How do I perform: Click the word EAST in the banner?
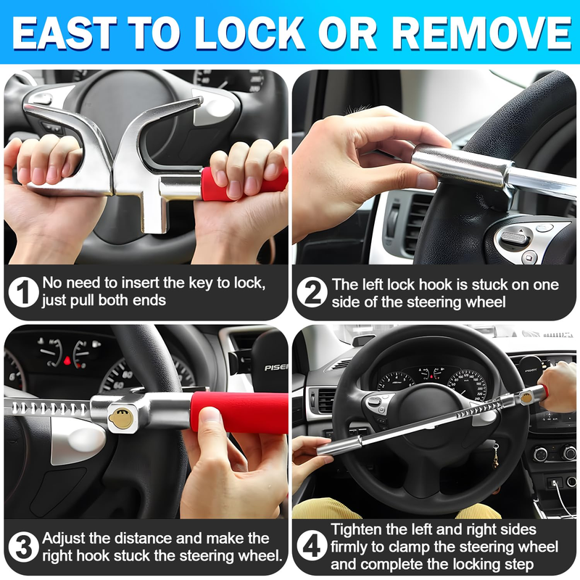[64, 33]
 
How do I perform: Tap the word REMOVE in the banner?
[481, 33]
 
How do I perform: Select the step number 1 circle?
[23, 292]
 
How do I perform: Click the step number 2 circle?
[312, 292]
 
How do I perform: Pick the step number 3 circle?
[23, 547]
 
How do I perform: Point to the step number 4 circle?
[312, 547]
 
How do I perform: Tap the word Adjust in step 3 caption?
[64, 539]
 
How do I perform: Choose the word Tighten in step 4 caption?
[356, 530]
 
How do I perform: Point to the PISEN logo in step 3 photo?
[276, 368]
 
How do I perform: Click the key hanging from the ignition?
[495, 456]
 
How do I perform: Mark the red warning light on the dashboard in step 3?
[67, 360]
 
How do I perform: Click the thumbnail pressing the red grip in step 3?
[209, 415]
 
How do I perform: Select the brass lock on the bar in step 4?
[526, 397]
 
